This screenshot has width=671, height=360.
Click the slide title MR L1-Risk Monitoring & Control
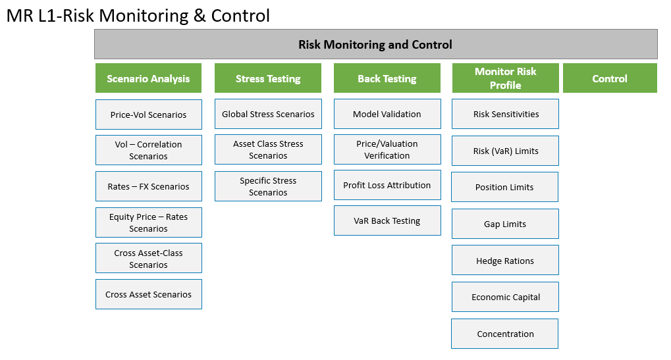point(138,16)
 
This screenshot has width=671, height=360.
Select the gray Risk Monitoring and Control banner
point(376,44)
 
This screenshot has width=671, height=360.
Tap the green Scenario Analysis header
point(149,78)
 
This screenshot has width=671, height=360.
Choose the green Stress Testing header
point(268,78)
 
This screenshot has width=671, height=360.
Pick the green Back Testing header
point(387,78)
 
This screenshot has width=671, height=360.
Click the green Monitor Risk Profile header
point(505,78)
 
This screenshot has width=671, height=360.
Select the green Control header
point(610,78)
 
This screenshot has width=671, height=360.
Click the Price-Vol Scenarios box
point(149,115)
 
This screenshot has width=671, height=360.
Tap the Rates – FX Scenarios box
point(149,186)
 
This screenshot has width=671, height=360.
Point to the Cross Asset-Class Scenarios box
point(149,258)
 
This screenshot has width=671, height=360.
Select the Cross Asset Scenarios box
point(149,294)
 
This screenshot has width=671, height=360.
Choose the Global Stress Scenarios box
point(268,114)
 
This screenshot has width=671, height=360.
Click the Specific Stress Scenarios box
point(268,186)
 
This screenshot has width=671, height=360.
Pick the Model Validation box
point(387,114)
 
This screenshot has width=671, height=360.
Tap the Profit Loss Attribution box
point(387,185)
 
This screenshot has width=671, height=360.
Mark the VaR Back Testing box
point(387,220)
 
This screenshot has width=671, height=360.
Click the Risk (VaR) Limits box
point(505,151)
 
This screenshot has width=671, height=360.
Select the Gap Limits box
point(505,224)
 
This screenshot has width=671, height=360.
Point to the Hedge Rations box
point(505,261)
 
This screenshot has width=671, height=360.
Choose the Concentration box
point(505,334)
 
